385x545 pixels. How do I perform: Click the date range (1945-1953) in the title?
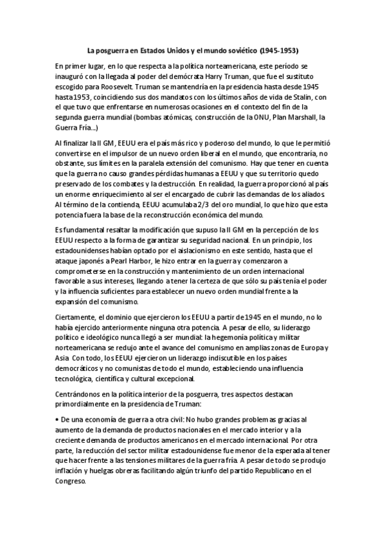pos(280,49)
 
